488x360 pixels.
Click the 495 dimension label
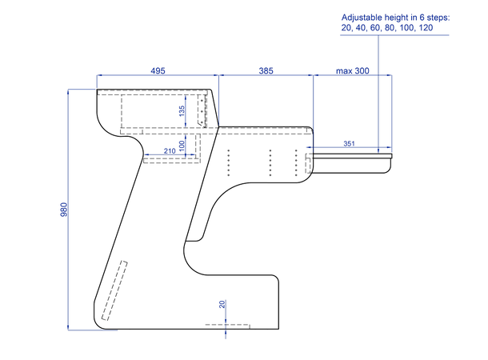[x=158, y=71]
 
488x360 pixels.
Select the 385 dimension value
[x=266, y=71]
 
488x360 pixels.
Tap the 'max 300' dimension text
[x=353, y=71]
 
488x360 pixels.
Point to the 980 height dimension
[x=63, y=210]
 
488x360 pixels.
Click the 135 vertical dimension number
[x=182, y=111]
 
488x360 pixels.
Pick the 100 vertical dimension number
[x=182, y=145]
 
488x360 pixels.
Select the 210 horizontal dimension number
[x=170, y=151]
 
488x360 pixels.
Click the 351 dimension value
[x=349, y=143]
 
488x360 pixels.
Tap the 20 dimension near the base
[x=222, y=304]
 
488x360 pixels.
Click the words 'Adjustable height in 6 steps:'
[x=395, y=18]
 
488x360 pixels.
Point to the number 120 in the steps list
[x=426, y=28]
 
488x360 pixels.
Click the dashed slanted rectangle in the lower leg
[x=114, y=290]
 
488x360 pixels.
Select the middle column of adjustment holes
[x=270, y=162]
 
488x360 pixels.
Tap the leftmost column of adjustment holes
[x=229, y=162]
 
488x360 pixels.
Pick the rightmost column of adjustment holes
[x=296, y=162]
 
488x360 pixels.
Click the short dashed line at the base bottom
[x=227, y=325]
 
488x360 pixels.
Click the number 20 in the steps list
[x=346, y=28]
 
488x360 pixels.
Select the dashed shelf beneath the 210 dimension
[x=171, y=160]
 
